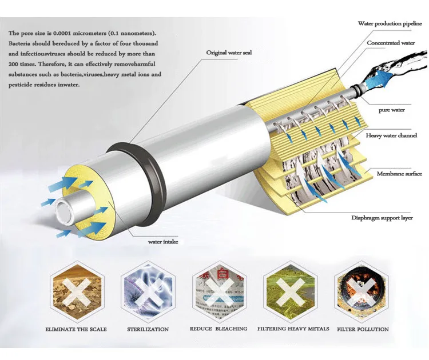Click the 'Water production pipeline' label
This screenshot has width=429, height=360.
[390, 23]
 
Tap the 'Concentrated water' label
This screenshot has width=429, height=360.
[391, 43]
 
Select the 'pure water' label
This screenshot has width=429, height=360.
[391, 110]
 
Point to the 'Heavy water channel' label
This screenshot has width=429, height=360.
[391, 135]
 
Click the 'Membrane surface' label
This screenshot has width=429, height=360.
[399, 174]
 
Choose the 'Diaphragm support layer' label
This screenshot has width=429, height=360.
[382, 217]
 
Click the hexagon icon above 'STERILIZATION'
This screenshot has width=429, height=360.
[146, 291]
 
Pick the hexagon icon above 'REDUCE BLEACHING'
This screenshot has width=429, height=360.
[219, 291]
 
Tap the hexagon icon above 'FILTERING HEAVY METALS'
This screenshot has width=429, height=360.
[290, 291]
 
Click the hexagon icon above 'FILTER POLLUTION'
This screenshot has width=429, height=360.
[362, 291]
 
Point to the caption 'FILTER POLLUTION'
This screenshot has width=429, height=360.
[362, 329]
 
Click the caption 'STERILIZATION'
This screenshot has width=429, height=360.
[147, 329]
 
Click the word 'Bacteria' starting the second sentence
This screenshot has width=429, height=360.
[21, 44]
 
